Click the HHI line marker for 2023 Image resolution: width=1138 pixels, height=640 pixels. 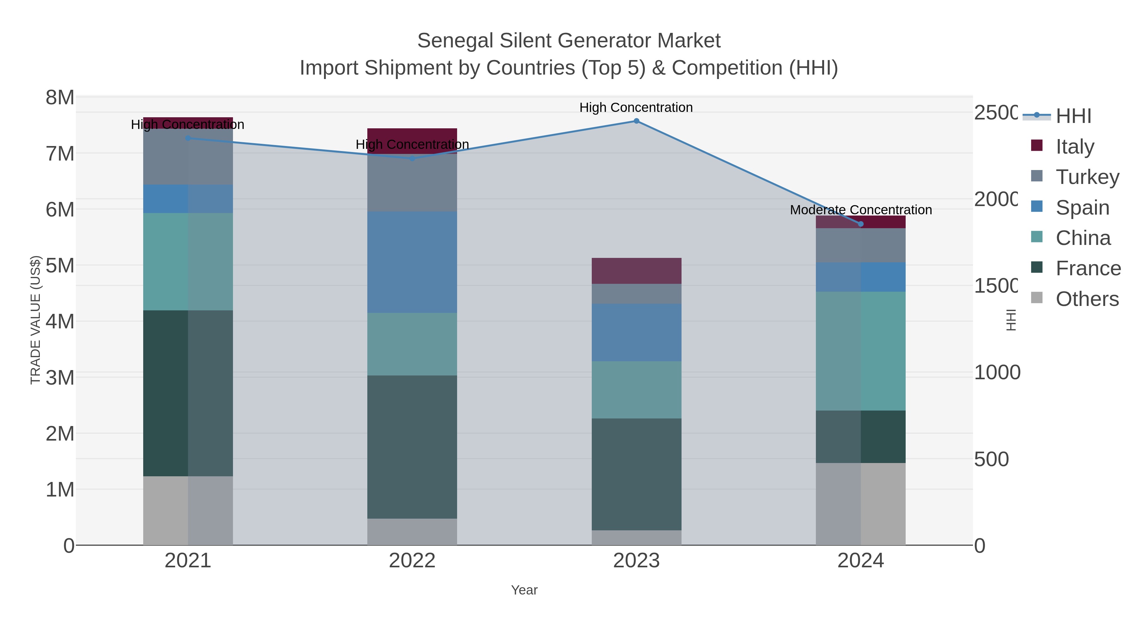636,121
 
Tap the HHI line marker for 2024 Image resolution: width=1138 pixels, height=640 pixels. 860,224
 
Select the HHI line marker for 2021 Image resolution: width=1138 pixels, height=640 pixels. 188,138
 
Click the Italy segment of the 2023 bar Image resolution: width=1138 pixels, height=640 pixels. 636,271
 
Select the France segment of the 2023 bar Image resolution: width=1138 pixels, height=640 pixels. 636,474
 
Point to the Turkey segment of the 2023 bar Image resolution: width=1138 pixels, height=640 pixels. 636,294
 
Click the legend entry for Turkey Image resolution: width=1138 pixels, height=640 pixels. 1087,177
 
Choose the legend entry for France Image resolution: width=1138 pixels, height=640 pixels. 1088,268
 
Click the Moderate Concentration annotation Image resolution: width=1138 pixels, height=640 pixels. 860,210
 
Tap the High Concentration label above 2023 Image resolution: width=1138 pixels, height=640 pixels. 636,107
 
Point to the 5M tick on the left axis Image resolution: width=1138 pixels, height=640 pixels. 60,265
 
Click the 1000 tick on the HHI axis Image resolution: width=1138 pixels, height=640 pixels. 997,372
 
